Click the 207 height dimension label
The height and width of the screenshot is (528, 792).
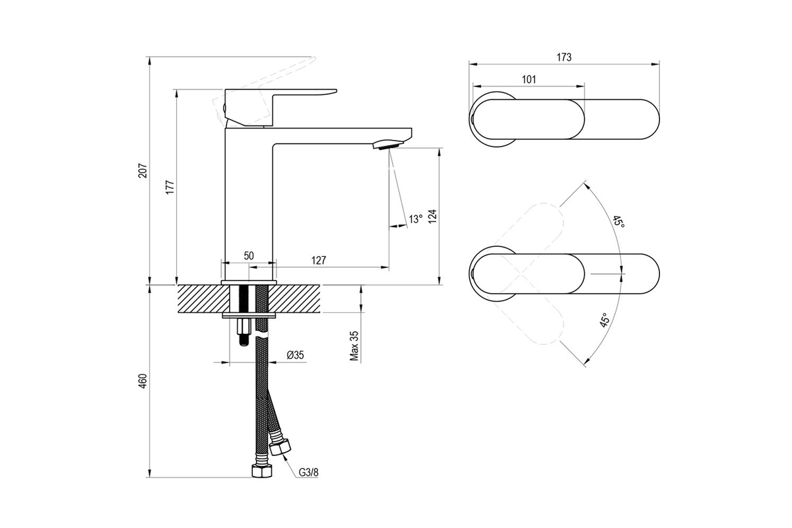143,170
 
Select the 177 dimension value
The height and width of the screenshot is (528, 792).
170,187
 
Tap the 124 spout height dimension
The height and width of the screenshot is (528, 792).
432,216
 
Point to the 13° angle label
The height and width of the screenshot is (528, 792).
415,219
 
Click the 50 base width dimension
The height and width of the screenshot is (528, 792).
249,255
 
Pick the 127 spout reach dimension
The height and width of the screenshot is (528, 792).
319,261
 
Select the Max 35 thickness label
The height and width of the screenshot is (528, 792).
354,346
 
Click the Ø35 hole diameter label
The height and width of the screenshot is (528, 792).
295,354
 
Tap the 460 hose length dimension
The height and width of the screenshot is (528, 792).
143,381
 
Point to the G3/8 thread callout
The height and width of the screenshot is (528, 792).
309,472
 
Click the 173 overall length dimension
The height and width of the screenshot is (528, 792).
564,57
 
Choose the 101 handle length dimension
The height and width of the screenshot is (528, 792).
529,80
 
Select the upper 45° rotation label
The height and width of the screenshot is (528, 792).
619,222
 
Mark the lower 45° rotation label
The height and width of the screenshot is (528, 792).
605,320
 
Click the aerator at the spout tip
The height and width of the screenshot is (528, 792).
388,145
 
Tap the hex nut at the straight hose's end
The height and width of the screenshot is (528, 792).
261,471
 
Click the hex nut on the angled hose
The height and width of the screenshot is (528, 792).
280,447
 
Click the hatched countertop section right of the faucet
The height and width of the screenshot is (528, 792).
294,298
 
